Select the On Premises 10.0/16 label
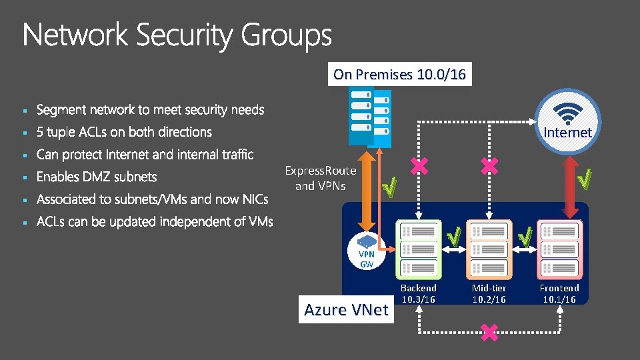[x=399, y=74]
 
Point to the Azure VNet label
[x=346, y=309]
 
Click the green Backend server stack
[x=418, y=249]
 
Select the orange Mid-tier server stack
[x=489, y=249]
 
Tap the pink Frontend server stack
[x=559, y=249]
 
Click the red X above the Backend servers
[x=419, y=167]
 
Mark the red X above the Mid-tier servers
[x=489, y=167]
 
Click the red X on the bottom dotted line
[x=489, y=332]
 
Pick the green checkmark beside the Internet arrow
[x=585, y=178]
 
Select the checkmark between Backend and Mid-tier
[x=454, y=235]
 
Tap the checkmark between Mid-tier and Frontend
[x=525, y=235]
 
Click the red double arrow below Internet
[x=570, y=187]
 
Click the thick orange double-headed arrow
[x=367, y=190]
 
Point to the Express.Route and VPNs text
[x=321, y=178]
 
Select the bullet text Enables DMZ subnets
[x=97, y=177]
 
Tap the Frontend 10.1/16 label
[x=559, y=293]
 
